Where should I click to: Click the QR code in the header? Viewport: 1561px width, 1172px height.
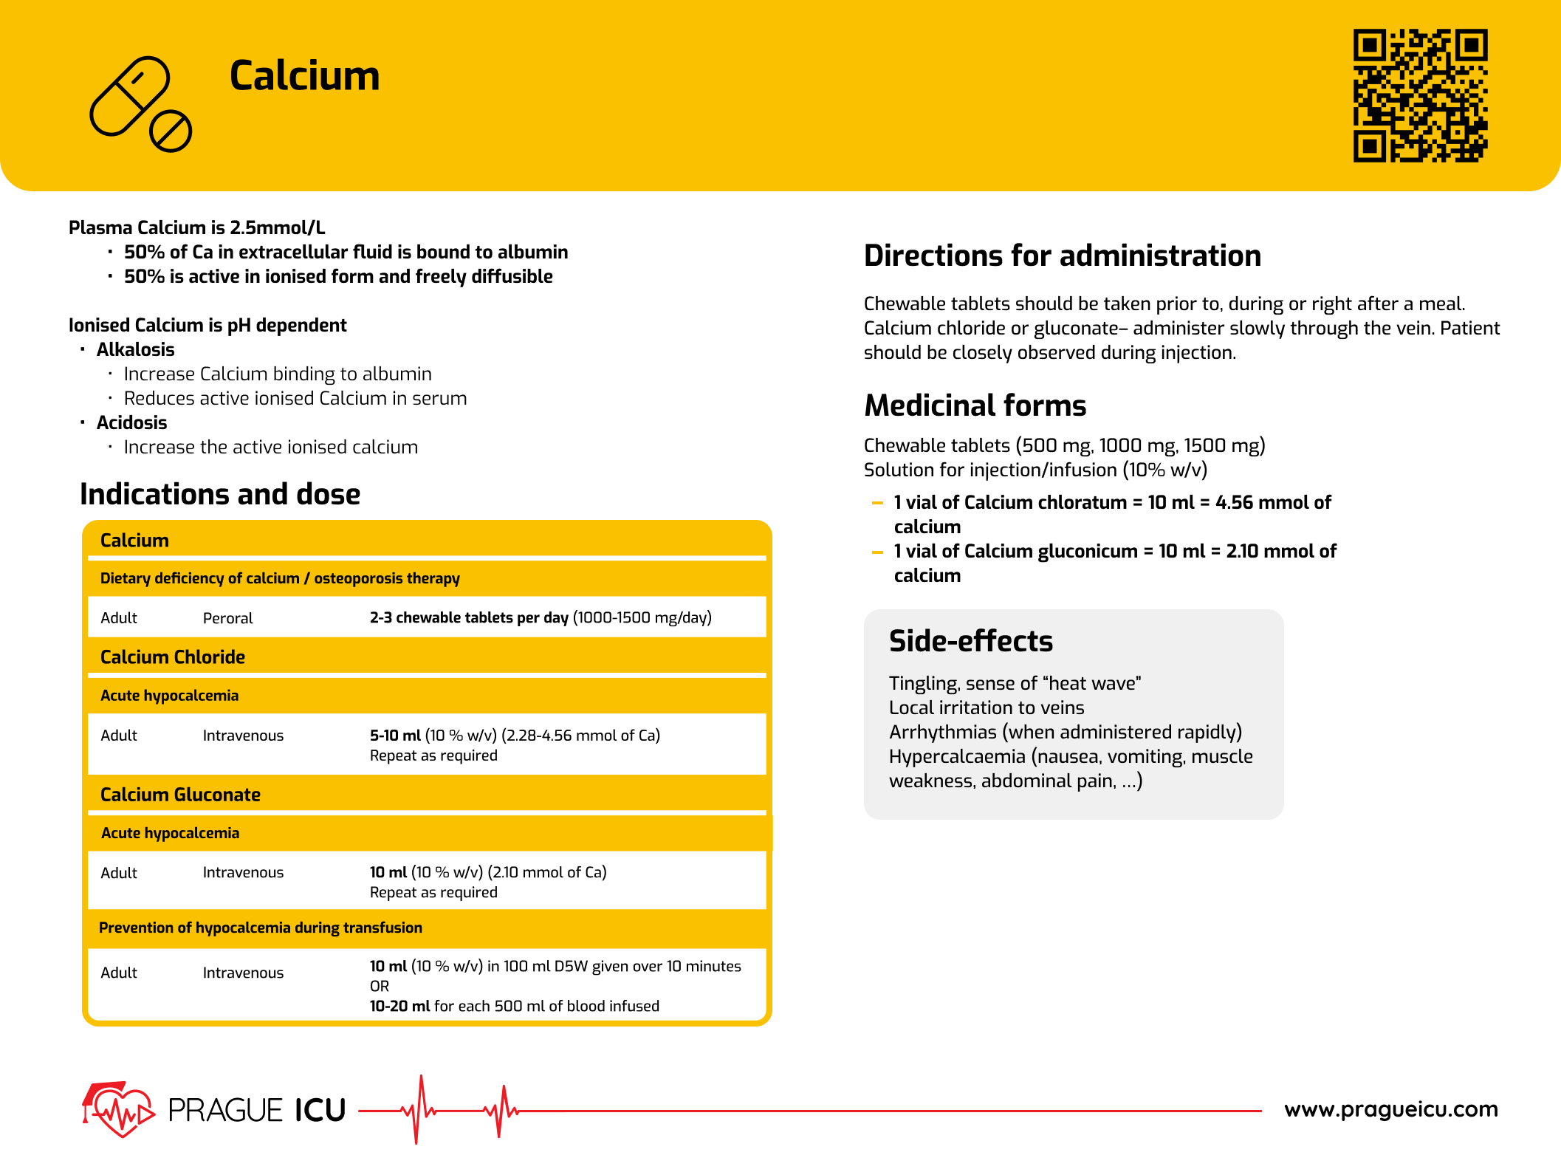(x=1419, y=95)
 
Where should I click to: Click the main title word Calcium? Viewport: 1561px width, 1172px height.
(x=304, y=76)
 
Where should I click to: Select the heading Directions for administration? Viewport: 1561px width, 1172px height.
(x=1062, y=256)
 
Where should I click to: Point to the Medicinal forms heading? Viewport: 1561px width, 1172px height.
(x=975, y=405)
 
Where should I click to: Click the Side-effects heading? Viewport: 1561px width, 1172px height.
(x=970, y=641)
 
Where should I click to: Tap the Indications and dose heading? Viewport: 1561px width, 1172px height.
(x=220, y=494)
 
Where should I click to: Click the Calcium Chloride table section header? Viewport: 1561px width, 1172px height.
(x=173, y=657)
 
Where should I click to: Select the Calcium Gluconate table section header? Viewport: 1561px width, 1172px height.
(x=180, y=795)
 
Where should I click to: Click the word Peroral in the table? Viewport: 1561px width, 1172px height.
(x=227, y=618)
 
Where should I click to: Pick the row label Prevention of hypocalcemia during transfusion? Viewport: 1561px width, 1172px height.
(x=260, y=928)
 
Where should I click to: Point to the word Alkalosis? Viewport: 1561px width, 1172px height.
(x=135, y=349)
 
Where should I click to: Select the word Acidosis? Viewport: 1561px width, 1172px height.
(x=131, y=422)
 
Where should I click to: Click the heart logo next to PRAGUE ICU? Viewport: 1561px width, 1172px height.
(x=118, y=1109)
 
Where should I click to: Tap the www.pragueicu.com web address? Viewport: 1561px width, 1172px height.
(x=1390, y=1109)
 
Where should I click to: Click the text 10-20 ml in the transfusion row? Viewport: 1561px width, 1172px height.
(x=399, y=1006)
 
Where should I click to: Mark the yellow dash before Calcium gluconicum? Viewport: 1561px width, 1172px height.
(x=877, y=552)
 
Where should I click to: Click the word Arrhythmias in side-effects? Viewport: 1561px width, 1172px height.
(x=942, y=732)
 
